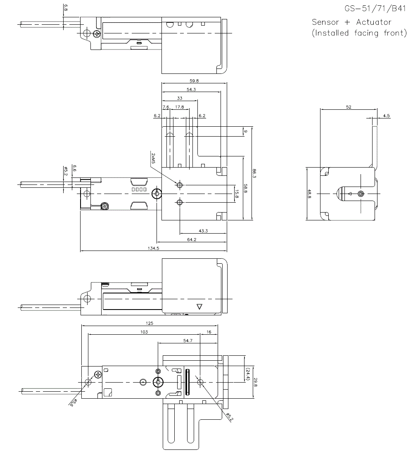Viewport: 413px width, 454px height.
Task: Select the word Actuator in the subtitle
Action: [371, 22]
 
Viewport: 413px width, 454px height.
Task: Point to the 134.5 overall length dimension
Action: [153, 248]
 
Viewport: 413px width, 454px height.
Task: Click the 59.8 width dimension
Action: [194, 80]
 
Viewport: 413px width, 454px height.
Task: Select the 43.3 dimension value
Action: [203, 230]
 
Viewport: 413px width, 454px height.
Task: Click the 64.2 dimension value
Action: [191, 239]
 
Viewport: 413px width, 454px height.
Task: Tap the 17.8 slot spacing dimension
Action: [179, 107]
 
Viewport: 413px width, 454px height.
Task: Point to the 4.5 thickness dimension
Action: [386, 116]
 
